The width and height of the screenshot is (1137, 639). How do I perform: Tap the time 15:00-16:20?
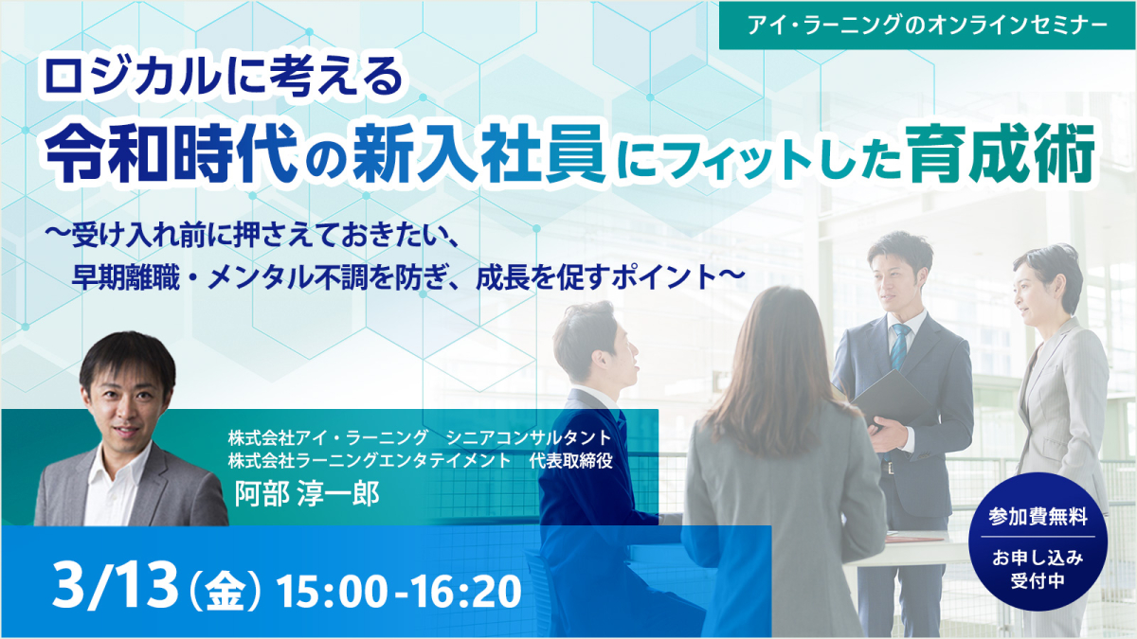pos(399,591)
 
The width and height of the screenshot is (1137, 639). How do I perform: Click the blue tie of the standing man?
pos(895,346)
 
